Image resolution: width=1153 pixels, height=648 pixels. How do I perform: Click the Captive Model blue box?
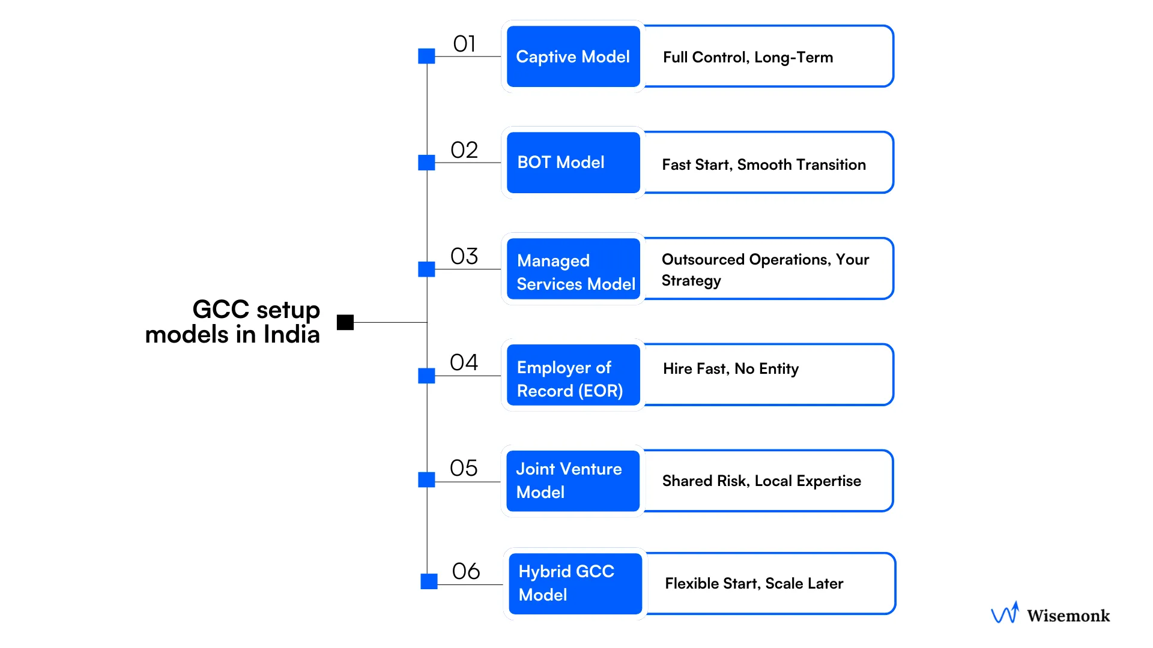point(573,56)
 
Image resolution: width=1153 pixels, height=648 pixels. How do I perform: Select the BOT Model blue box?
point(573,163)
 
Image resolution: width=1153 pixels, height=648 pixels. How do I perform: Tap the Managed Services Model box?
point(573,269)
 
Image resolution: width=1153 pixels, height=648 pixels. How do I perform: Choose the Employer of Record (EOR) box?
point(573,376)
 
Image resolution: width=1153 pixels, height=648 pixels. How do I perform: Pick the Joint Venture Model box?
point(573,481)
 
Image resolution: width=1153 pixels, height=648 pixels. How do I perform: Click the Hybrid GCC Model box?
point(575,584)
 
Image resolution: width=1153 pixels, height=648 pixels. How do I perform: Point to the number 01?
point(464,44)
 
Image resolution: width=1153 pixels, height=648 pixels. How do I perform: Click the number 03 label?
point(464,256)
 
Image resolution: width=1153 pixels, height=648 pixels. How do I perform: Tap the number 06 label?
point(466,571)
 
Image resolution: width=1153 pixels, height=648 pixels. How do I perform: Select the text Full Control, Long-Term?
point(748,58)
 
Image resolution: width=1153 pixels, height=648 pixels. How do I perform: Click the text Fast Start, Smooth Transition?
point(764,165)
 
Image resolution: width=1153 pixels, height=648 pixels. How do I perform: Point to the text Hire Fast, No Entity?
point(731,369)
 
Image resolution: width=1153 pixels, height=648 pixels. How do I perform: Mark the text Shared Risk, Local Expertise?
point(761,481)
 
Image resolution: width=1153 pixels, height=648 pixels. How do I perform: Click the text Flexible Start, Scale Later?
point(754,584)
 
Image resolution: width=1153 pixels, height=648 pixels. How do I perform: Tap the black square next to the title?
point(345,322)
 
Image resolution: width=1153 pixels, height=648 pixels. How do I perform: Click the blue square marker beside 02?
point(426,163)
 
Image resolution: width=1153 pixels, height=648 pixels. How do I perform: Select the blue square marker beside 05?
point(426,479)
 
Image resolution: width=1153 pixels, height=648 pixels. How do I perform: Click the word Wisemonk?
point(1068,616)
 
